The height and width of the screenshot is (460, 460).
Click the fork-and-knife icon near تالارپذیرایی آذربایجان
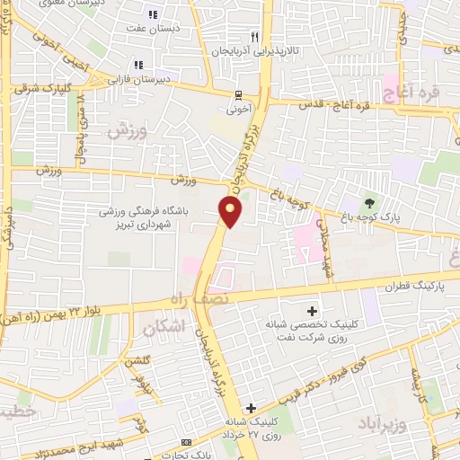click(254, 38)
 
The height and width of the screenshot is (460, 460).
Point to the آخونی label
click(237, 110)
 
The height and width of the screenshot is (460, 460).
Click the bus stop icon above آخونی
click(237, 95)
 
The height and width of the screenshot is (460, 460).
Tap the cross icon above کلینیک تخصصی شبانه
click(313, 309)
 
